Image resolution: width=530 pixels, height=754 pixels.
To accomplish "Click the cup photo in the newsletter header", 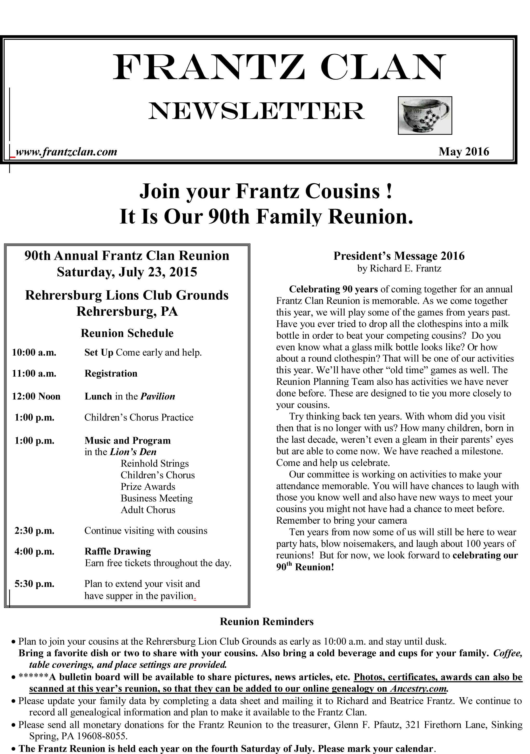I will (x=425, y=115).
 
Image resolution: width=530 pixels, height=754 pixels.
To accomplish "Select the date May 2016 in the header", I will (x=463, y=151).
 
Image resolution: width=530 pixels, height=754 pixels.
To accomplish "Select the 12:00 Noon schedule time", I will (x=36, y=396).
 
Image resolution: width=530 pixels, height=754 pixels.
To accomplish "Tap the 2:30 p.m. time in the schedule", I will (x=34, y=531).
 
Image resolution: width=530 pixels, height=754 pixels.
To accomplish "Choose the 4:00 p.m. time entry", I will (x=34, y=551).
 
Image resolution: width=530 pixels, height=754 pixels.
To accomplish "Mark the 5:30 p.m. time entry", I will (x=34, y=584).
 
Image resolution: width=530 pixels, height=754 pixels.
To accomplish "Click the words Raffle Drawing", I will (x=118, y=551).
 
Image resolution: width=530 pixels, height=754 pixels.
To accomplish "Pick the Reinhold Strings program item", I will (x=154, y=463).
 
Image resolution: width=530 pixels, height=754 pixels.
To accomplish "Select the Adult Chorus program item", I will (x=148, y=510).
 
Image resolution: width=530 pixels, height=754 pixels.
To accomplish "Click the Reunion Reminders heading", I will (x=267, y=622).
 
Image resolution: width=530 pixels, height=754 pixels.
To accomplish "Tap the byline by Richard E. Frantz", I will (x=399, y=269).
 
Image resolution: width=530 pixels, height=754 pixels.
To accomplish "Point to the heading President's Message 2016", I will (x=399, y=256).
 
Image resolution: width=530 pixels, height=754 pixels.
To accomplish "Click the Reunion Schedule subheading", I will (x=127, y=333).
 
